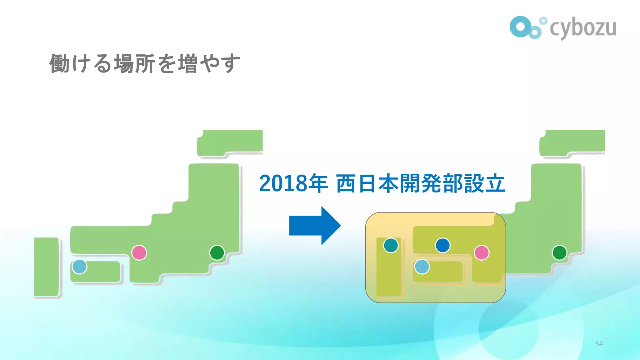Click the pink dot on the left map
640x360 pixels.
pos(139,252)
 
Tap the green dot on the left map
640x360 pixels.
pos(217,252)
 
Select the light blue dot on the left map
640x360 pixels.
pos(79,267)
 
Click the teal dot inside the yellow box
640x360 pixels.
pos(391,245)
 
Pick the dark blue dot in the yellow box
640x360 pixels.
pos(442,245)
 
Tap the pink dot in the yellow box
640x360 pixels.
pos(481,252)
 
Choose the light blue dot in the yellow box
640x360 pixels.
pos(422,267)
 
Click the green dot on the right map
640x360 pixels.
pos(559,252)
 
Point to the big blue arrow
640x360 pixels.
pos(314,225)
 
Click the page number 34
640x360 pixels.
pos(598,343)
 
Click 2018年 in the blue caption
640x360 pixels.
pos(293,183)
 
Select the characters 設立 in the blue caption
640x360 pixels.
pos(484,183)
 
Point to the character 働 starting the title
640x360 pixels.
pos(59,63)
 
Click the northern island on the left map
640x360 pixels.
pos(230,142)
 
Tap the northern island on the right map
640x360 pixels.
pos(572,142)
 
